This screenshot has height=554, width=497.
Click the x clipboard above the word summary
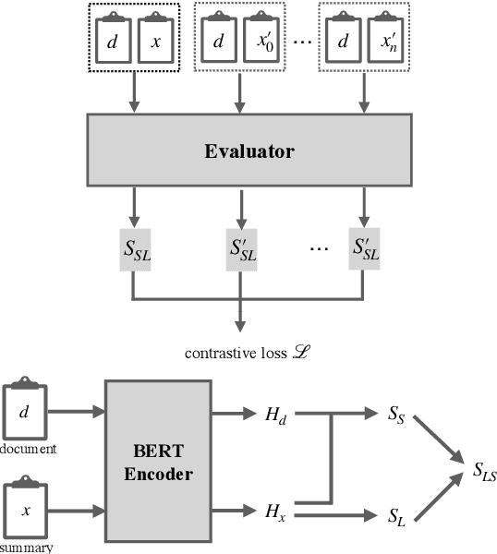[29, 510]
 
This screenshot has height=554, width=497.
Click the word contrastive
[215, 353]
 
